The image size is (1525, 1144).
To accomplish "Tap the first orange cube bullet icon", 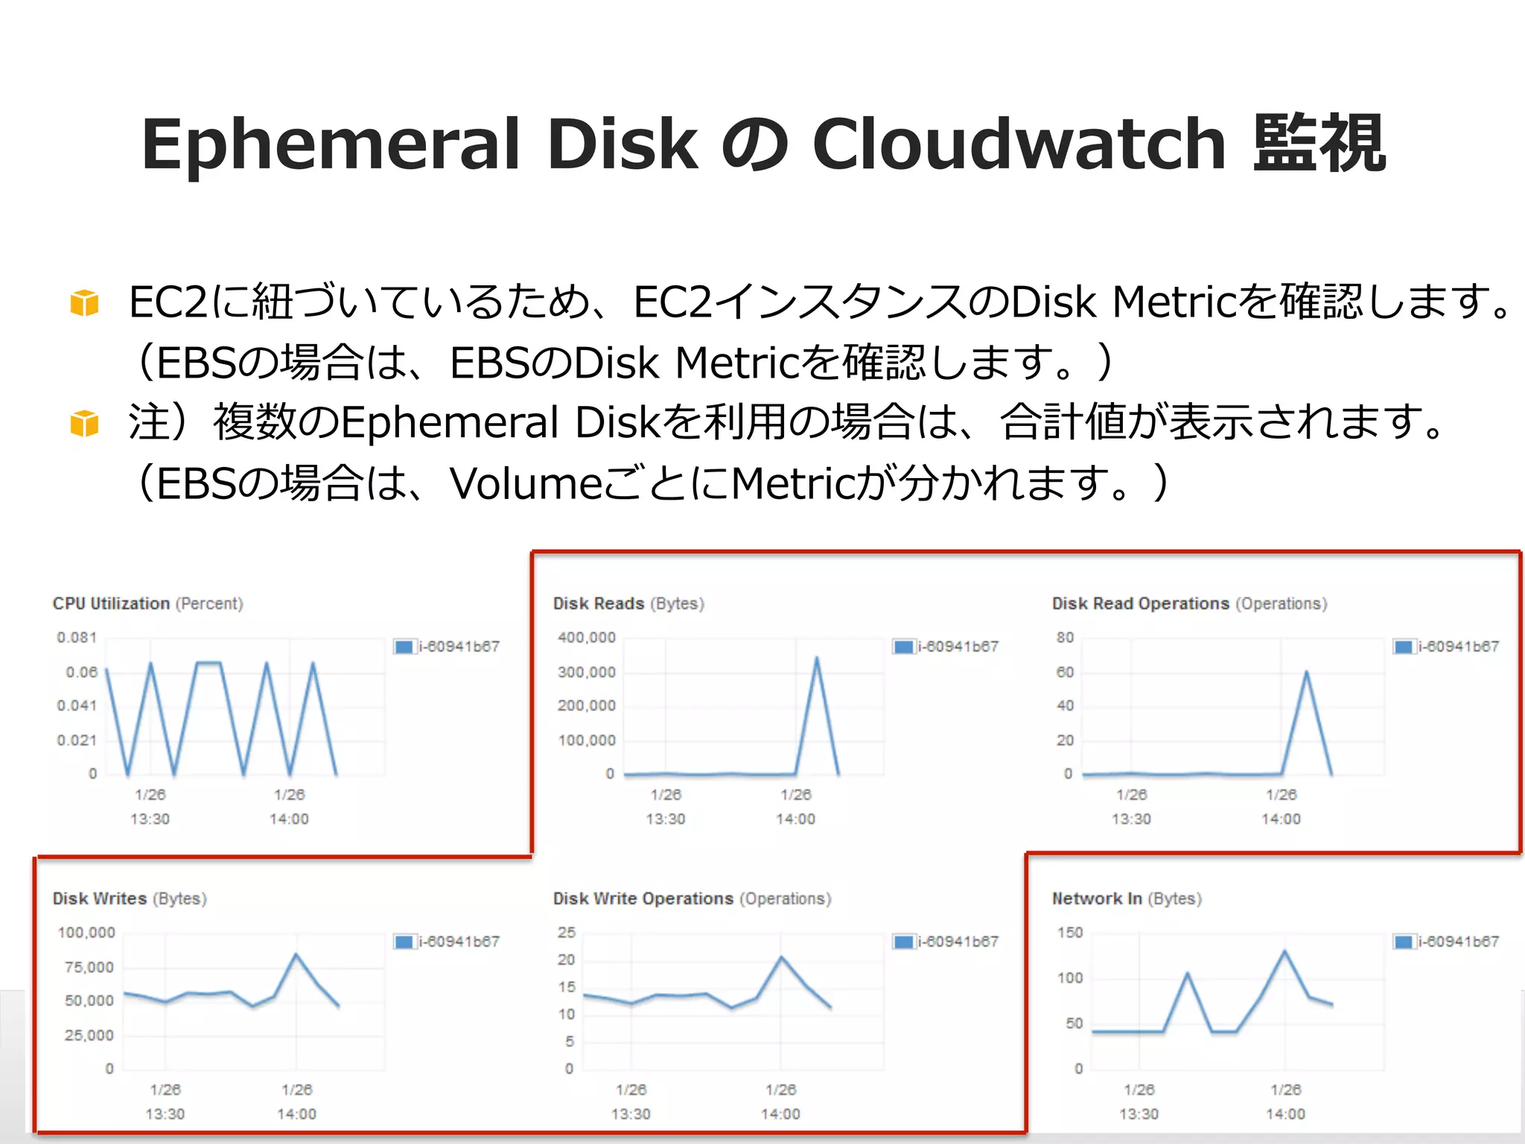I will pyautogui.click(x=84, y=303).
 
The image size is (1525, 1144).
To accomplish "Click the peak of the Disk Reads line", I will pyautogui.click(x=817, y=658).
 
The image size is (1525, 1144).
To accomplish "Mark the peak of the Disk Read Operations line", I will pyautogui.click(x=1306, y=673).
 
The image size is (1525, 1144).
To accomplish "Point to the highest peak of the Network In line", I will pyautogui.click(x=1284, y=951).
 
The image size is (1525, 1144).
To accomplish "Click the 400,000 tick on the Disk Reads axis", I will pyautogui.click(x=587, y=638).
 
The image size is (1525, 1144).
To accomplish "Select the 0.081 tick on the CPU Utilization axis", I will pyautogui.click(x=77, y=638).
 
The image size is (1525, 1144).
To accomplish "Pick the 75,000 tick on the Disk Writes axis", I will pyautogui.click(x=89, y=967).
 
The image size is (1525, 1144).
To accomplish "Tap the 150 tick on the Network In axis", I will pyautogui.click(x=1070, y=932).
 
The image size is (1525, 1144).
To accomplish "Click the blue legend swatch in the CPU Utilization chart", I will pyautogui.click(x=404, y=646).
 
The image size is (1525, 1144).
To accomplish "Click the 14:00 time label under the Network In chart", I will pyautogui.click(x=1285, y=1113).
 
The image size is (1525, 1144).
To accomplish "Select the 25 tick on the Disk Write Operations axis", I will pyautogui.click(x=567, y=932).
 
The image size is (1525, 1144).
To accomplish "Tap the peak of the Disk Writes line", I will pyautogui.click(x=296, y=954).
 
